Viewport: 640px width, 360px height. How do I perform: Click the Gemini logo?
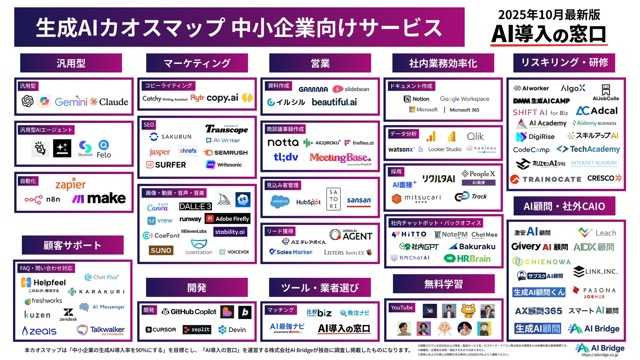coord(71,101)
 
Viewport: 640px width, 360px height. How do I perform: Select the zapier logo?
coord(70,185)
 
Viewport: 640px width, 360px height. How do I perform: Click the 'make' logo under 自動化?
coord(99,198)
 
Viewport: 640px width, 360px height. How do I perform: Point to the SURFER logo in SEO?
coord(166,165)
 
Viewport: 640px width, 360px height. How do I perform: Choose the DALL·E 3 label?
coord(195,206)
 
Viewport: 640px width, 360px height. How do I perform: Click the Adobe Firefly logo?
coord(228,219)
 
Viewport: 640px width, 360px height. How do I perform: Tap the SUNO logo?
coord(161,250)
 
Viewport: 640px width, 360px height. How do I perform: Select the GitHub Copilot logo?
coord(189,312)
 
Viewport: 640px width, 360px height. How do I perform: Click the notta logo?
coord(283,142)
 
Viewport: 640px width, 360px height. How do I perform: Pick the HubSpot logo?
coord(308,202)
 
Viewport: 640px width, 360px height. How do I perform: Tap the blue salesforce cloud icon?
coord(280,201)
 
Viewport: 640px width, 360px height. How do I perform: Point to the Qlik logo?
coord(476,136)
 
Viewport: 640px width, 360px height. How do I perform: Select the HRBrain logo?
coord(467,259)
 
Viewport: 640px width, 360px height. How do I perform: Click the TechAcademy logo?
coord(588,149)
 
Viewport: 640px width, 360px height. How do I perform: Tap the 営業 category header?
coord(320,63)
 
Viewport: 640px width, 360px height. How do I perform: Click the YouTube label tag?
coord(402,307)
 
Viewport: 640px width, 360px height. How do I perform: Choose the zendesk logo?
coord(68,315)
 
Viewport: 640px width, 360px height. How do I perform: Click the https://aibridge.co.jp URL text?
coord(600,355)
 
